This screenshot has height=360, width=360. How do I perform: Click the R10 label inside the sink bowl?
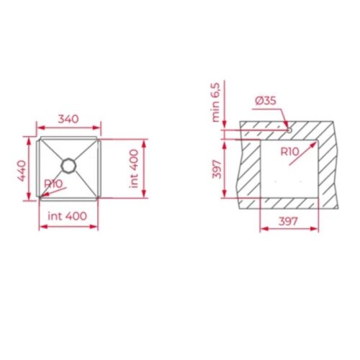tap(53, 184)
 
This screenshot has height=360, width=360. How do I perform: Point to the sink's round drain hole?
tap(69, 165)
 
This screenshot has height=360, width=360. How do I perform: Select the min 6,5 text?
tap(214, 102)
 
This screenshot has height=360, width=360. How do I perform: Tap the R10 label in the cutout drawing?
tap(289, 151)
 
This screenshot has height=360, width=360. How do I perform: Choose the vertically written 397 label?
tap(215, 169)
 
